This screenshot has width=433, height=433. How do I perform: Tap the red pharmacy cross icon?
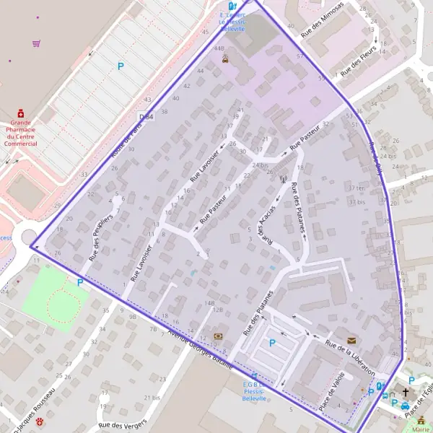click(x=21, y=113)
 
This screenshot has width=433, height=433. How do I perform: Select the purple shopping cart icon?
click(x=36, y=43)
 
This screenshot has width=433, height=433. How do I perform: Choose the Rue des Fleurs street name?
click(x=356, y=64)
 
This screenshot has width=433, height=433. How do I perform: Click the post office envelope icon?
click(x=351, y=339)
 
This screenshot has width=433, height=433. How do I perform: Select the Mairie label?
click(x=421, y=429)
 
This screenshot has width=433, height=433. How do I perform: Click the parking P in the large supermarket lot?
click(x=121, y=66)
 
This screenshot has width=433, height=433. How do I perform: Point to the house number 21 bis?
click(x=152, y=398)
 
